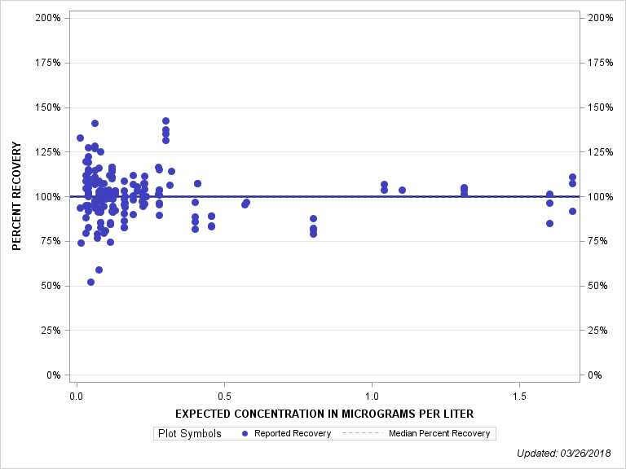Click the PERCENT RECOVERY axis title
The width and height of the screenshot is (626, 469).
click(x=17, y=196)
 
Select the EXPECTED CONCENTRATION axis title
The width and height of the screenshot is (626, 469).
click(x=324, y=414)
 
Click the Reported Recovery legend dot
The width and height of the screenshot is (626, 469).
click(x=246, y=433)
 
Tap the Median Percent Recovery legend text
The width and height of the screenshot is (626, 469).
click(x=440, y=433)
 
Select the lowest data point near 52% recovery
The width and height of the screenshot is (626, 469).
click(x=90, y=282)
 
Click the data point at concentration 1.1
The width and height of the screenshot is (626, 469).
click(x=402, y=190)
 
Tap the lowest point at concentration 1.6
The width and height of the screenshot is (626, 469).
click(x=549, y=223)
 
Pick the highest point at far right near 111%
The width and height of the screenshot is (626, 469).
click(x=572, y=177)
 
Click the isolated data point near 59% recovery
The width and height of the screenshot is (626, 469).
click(x=99, y=270)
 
